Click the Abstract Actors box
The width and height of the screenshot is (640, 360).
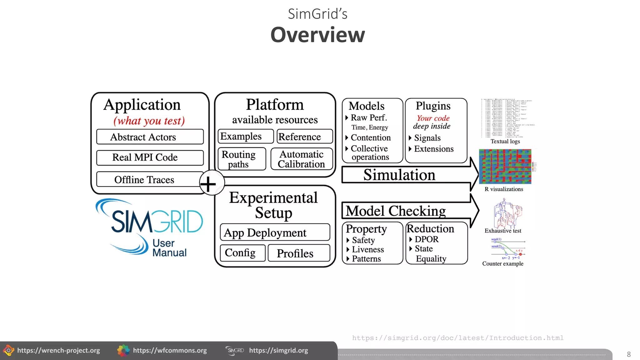pos(150,137)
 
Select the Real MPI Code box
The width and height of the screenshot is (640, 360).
pos(150,157)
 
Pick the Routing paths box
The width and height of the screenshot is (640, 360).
pos(242,159)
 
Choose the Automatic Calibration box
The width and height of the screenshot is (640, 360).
pos(302,159)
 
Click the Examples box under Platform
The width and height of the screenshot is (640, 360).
pos(245,137)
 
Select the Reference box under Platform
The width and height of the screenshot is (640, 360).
pos(304,137)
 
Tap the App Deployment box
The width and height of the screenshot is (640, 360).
pos(275,232)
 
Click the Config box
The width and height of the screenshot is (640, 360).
pos(242,253)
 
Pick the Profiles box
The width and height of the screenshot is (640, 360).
pos(298,253)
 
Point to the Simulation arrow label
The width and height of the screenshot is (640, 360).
pos(399,175)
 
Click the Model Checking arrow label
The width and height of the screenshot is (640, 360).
pos(396,211)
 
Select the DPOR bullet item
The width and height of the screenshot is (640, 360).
pos(426,239)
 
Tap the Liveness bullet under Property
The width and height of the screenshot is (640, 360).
pos(368,249)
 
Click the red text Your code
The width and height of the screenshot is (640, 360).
pos(433,118)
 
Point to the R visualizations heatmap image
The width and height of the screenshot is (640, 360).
pos(505,166)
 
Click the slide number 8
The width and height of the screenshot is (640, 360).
pos(629,354)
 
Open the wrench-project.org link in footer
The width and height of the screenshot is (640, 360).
pos(58,351)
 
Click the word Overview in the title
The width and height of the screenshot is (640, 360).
pos(317,35)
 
